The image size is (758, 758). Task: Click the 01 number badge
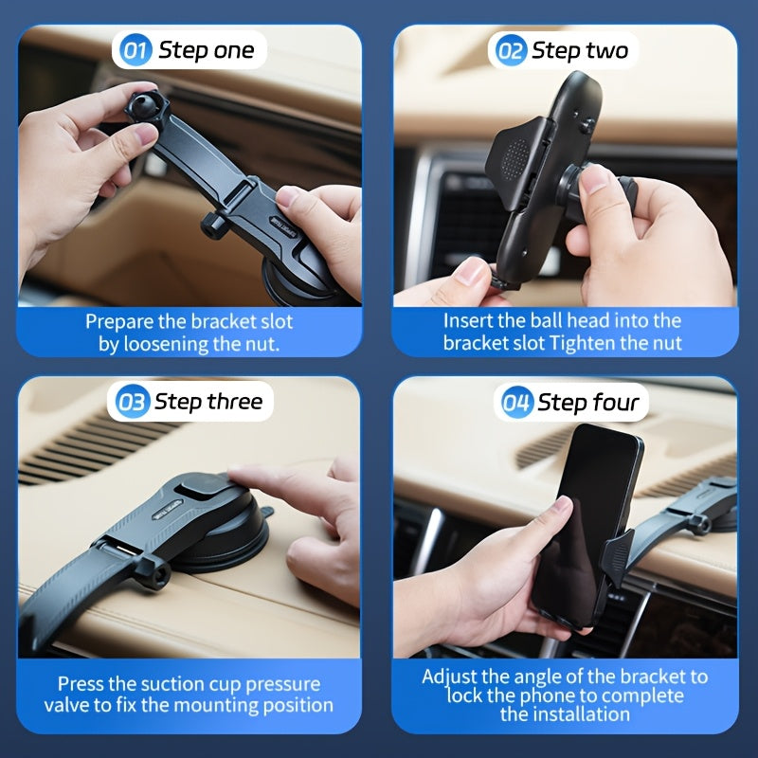point(135,50)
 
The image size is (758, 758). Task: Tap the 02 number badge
point(511,50)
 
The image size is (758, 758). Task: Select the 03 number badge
point(133,402)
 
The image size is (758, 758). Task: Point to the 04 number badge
point(517,402)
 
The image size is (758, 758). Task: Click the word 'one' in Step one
point(234,51)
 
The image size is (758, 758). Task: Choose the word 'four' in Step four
point(615,402)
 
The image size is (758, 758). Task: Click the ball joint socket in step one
point(147,107)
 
